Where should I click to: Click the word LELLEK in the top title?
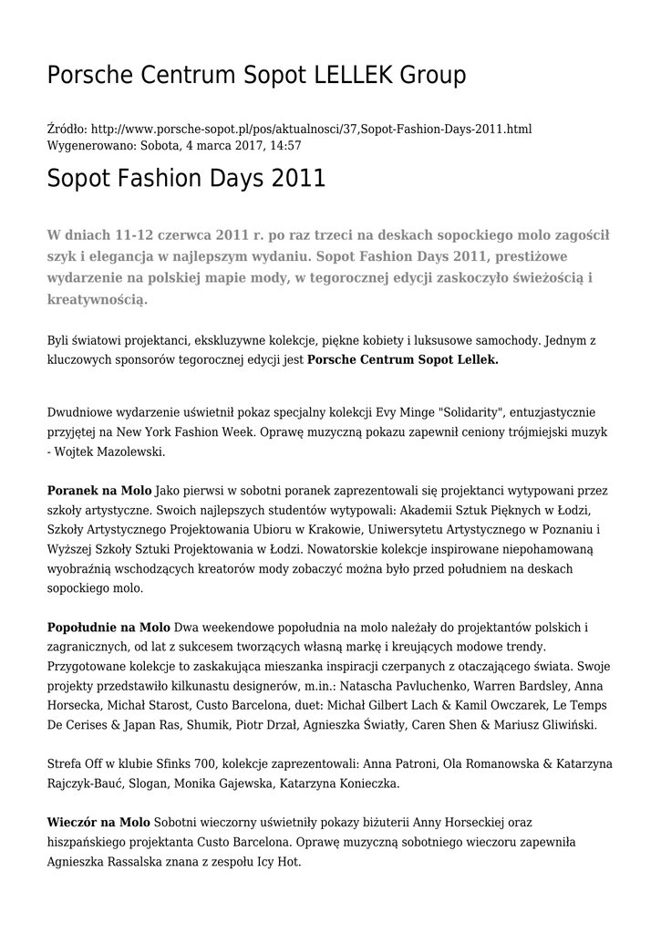tap(348, 76)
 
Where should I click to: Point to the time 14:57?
tap(284, 145)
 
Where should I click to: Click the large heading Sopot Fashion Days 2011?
tap(186, 178)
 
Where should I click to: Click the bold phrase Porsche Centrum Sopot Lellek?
tap(403, 360)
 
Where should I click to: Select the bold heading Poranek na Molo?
tap(99, 491)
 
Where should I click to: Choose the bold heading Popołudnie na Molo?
tap(108, 628)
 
